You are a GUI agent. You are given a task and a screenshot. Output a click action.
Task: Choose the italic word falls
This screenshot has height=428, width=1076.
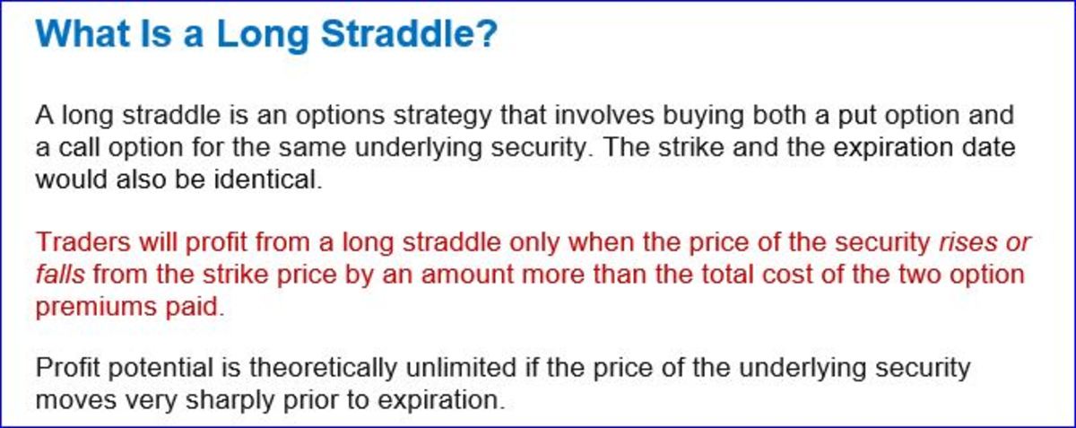59,275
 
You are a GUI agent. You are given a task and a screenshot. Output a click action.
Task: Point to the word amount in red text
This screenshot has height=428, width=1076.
444,275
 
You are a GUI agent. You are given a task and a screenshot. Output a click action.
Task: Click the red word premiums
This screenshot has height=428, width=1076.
92,306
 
